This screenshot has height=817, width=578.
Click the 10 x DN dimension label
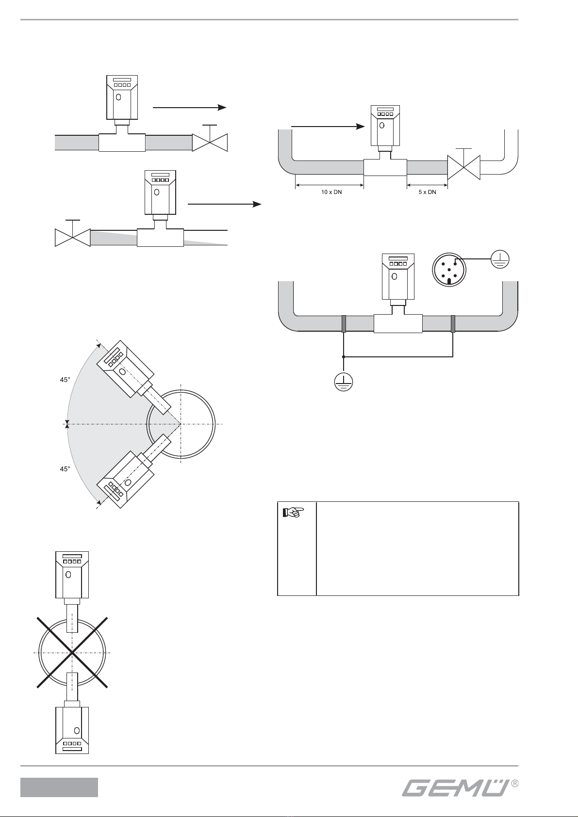331,192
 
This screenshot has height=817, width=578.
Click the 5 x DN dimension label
427,192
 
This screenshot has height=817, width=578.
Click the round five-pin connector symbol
449,270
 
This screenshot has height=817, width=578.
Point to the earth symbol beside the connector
500,259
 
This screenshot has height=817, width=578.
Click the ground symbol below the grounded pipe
343,382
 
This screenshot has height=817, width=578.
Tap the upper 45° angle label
65,380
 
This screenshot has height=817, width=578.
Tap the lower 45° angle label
65,469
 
